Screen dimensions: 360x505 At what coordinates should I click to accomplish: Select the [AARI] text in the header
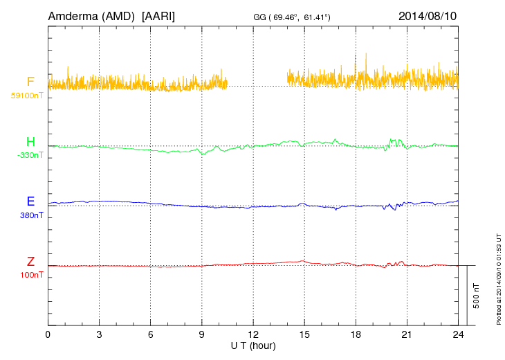tap(158, 15)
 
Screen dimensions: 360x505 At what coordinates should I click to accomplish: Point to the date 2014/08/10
tap(428, 15)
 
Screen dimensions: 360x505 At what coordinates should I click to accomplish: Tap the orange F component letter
tap(30, 82)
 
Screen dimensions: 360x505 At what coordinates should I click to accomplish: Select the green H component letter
tap(30, 143)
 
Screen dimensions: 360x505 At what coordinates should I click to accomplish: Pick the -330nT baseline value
tap(30, 155)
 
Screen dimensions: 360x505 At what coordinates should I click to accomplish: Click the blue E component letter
tap(30, 201)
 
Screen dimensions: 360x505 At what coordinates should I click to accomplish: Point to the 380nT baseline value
tap(31, 215)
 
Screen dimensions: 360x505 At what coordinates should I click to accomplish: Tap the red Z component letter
tap(30, 262)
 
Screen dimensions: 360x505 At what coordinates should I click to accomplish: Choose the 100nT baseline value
tap(31, 275)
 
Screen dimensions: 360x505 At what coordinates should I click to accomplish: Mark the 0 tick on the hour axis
tap(48, 334)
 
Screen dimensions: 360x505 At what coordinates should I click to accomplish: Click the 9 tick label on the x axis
tap(202, 334)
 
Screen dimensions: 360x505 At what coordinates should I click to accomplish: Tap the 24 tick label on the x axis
tap(458, 334)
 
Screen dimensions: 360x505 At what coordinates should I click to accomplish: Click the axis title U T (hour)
tap(253, 345)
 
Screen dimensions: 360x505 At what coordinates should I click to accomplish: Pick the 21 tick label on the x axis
tap(407, 334)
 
